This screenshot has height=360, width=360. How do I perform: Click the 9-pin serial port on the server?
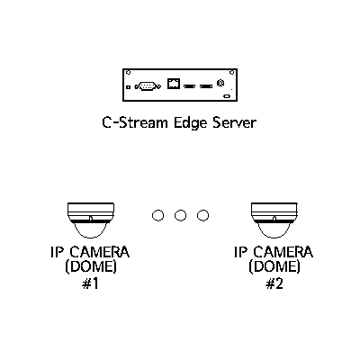pos(148,86)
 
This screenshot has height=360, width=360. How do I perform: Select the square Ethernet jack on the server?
pos(174,83)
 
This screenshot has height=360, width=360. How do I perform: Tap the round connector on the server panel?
pos(220,83)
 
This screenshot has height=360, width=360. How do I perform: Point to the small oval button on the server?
pos(227,96)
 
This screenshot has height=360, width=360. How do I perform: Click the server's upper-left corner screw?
pos(129,72)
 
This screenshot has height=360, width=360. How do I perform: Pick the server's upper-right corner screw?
pos(231,72)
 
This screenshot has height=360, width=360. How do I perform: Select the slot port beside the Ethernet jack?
pos(189,86)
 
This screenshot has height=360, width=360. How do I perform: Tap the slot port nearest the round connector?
pos(206,86)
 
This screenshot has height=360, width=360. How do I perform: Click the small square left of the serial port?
pos(128,87)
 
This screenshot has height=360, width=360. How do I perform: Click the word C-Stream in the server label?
pos(135,122)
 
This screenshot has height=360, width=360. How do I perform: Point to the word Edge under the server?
pos(190,123)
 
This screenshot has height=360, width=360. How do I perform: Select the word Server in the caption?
pos(235,122)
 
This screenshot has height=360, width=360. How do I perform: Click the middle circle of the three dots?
pos(180,215)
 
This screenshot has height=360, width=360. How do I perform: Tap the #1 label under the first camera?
pos(90,283)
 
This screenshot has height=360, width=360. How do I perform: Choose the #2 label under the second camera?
pos(274,283)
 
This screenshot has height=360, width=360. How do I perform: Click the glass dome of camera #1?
pos(91,230)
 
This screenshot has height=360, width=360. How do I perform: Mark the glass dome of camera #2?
pos(274,230)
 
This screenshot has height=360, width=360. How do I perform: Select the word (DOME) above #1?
pos(91,266)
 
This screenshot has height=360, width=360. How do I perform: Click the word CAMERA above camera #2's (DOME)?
pos(283,252)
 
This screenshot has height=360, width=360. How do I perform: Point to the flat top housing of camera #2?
pos(274,208)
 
